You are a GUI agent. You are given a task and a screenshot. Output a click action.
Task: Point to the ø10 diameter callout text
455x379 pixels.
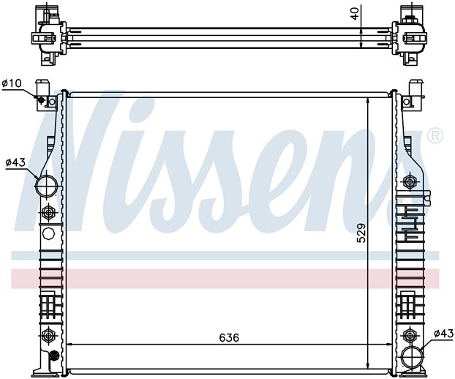pyautogui.click(x=12, y=83)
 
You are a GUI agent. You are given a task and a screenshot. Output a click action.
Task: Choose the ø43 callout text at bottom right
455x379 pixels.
pyautogui.click(x=443, y=334)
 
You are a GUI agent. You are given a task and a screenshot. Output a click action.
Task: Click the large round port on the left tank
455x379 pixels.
pyautogui.click(x=47, y=186)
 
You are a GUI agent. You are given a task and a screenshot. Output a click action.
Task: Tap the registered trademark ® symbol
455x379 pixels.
pyautogui.click(x=435, y=135)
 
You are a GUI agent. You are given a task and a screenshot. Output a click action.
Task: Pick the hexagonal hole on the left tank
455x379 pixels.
pyautogui.click(x=48, y=235)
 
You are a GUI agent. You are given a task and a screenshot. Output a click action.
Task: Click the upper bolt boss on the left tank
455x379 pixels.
pyautogui.click(x=48, y=213)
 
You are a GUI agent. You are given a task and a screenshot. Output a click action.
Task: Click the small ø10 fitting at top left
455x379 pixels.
pyautogui.click(x=42, y=100)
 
